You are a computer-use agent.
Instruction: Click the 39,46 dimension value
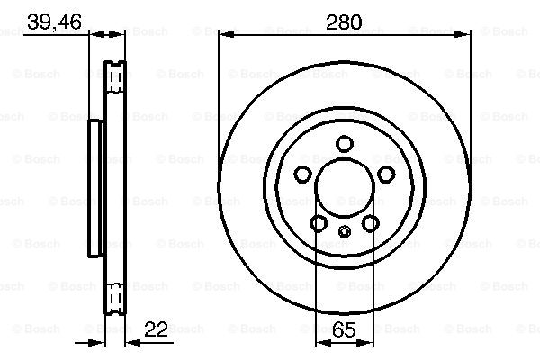54,22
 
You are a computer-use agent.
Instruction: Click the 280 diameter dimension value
344,22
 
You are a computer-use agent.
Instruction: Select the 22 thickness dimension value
156,329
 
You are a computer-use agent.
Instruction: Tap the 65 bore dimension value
344,329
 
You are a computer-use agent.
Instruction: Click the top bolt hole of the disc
345,144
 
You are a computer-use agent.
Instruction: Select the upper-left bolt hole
302,174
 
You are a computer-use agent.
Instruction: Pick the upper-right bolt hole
386,174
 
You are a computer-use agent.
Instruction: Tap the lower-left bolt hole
319,223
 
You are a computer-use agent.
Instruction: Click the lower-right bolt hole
371,223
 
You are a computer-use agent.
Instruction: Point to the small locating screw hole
345,231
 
